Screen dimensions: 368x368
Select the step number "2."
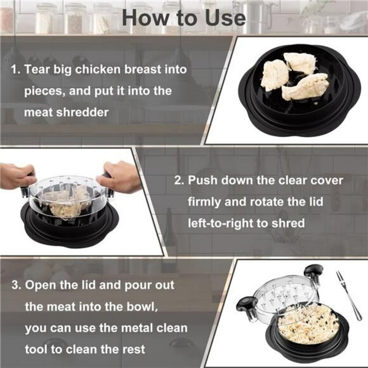[x=180, y=180]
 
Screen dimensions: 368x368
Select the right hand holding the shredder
[x=121, y=176]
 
